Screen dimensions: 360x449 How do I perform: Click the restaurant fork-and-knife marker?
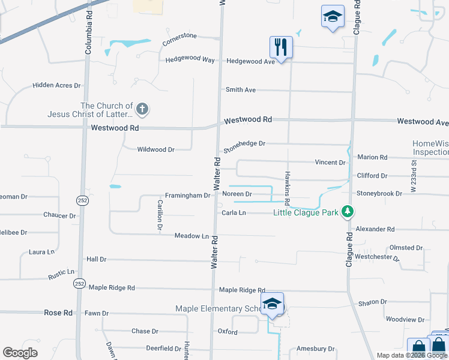pyautogui.click(x=280, y=47)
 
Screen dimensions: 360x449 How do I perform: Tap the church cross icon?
pyautogui.click(x=142, y=109)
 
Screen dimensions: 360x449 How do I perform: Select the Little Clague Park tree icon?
pyautogui.click(x=347, y=212)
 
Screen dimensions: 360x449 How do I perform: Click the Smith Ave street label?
pyautogui.click(x=240, y=90)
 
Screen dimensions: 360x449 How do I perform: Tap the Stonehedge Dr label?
pyautogui.click(x=244, y=144)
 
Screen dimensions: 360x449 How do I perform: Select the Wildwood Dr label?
pyautogui.click(x=155, y=149)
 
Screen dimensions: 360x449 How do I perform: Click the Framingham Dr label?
pyautogui.click(x=188, y=196)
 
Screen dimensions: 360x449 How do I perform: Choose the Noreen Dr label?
pyautogui.click(x=237, y=194)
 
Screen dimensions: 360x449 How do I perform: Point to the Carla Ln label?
pyautogui.click(x=234, y=213)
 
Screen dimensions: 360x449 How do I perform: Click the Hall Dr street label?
pyautogui.click(x=96, y=259)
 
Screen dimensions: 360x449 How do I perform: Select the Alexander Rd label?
pyautogui.click(x=375, y=229)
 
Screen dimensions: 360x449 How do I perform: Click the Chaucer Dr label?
pyautogui.click(x=59, y=215)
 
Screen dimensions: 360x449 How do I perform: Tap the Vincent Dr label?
pyautogui.click(x=330, y=163)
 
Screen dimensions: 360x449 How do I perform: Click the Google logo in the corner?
pyautogui.click(x=20, y=353)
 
